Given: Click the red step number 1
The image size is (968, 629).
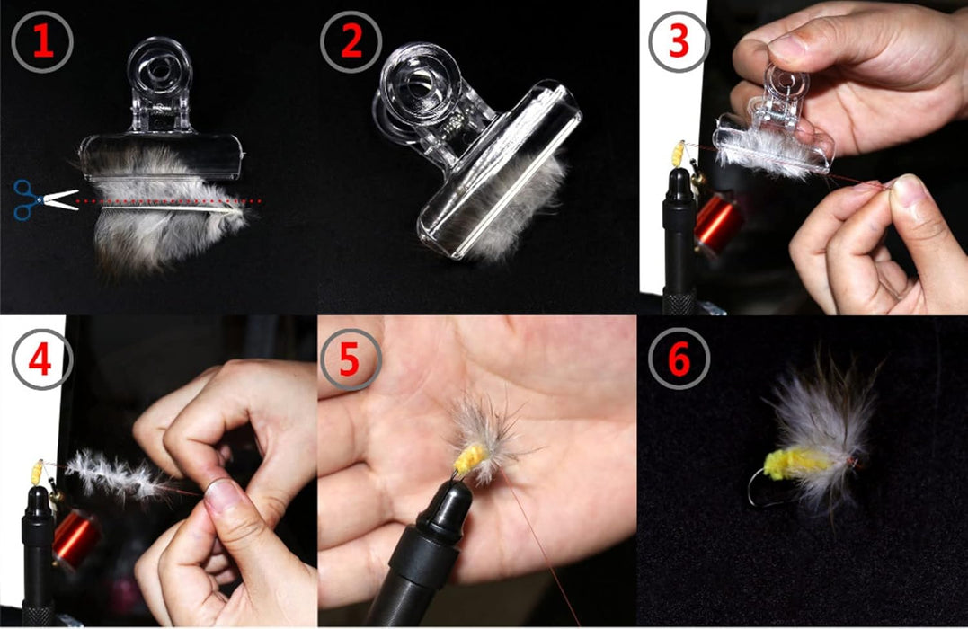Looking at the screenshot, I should pos(42,41).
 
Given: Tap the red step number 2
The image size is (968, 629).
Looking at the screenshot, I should pos(351,41).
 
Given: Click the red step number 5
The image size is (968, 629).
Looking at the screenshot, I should pos(351,357).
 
